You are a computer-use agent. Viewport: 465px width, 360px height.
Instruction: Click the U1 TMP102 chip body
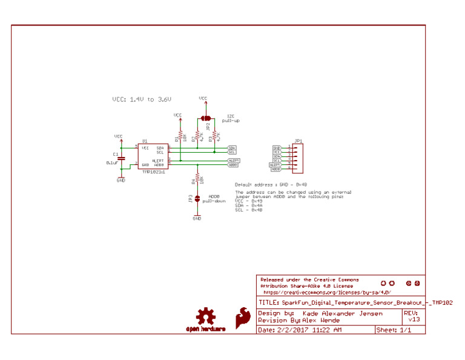point(152,156)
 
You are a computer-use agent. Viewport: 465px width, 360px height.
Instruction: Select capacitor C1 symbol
point(121,159)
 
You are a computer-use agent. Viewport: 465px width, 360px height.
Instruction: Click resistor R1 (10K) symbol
point(180,138)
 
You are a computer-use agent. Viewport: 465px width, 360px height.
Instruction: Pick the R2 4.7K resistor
point(197,138)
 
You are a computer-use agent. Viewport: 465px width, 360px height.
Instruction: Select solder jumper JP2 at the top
point(206,118)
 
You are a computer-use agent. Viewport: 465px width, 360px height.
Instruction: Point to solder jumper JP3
point(197,198)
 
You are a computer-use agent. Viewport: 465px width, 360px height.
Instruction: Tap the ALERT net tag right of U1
point(233,160)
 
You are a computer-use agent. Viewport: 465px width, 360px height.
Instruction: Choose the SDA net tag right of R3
point(232,148)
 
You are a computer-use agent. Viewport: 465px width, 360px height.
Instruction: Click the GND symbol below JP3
point(197,217)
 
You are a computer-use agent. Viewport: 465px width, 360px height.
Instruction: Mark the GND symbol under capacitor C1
point(121,179)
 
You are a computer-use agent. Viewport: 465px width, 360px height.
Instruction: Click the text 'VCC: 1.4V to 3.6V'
point(142,99)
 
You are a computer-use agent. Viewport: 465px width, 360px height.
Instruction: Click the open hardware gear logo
point(206,317)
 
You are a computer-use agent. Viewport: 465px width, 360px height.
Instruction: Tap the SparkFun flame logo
point(243,316)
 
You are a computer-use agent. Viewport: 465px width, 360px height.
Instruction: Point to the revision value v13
point(414,319)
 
